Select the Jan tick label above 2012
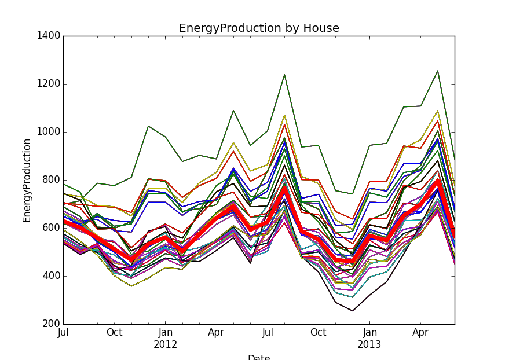click(165, 333)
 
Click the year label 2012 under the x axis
click(165, 345)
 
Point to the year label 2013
click(369, 345)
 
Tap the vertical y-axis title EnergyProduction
click(27, 180)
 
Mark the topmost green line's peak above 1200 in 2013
click(437, 71)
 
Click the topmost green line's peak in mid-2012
click(284, 75)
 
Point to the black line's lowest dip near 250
click(352, 311)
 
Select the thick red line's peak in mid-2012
click(284, 187)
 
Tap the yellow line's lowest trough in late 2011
click(131, 286)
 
